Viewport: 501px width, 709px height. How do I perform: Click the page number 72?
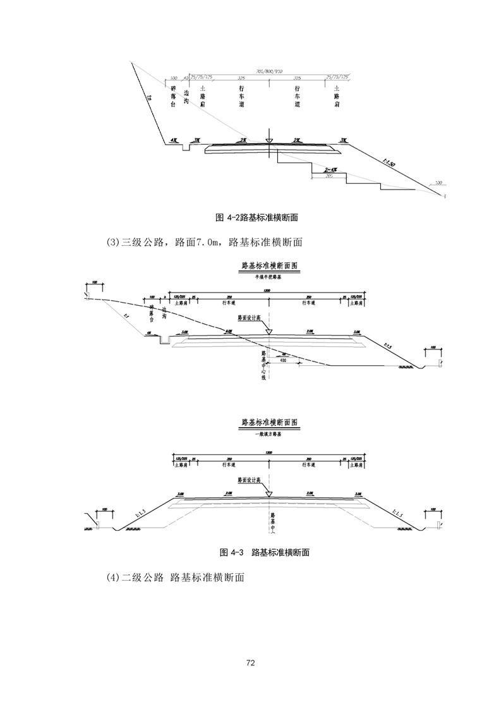(x=250, y=663)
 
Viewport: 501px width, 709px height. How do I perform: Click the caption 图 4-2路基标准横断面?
(x=257, y=218)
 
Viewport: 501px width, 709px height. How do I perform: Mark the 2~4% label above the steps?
(x=329, y=170)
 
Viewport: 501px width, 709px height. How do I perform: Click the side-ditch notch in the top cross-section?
(x=185, y=147)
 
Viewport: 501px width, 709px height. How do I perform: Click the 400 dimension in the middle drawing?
(x=275, y=361)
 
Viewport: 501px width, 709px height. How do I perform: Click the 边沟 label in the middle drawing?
(x=164, y=314)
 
